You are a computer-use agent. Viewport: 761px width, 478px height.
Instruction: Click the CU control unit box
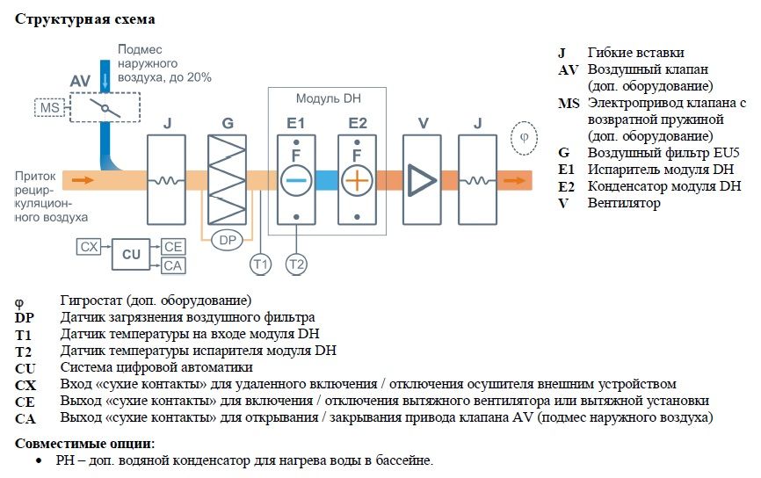pyautogui.click(x=131, y=254)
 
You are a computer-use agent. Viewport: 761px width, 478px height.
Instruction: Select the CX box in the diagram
pyautogui.click(x=89, y=247)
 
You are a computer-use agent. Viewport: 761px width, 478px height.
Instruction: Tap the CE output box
pyautogui.click(x=173, y=247)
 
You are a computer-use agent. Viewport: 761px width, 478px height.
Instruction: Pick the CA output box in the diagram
pyautogui.click(x=173, y=265)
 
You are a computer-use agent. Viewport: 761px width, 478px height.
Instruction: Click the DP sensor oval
pyautogui.click(x=228, y=240)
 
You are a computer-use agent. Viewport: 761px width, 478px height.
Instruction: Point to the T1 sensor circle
pyautogui.click(x=261, y=264)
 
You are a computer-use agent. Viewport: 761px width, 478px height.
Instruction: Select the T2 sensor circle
pyautogui.click(x=296, y=264)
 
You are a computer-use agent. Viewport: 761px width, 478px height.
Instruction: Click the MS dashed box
pyautogui.click(x=49, y=107)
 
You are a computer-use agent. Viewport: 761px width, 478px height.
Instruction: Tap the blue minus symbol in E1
pyautogui.click(x=296, y=180)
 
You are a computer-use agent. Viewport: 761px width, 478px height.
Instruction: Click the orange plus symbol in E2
pyautogui.click(x=357, y=180)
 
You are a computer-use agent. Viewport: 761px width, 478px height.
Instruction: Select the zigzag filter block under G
pyautogui.click(x=227, y=179)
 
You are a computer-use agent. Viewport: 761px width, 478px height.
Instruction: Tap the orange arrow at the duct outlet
pyautogui.click(x=514, y=180)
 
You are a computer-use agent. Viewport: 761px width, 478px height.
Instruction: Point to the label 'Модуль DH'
pyautogui.click(x=329, y=98)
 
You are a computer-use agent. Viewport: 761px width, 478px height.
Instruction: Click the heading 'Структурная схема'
pyautogui.click(x=85, y=19)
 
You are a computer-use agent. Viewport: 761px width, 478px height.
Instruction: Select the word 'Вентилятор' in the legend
pyautogui.click(x=624, y=203)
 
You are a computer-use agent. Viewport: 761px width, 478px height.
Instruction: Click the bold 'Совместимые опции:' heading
pyautogui.click(x=85, y=443)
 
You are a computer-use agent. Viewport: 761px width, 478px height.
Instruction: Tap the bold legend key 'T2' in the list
pyautogui.click(x=23, y=351)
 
